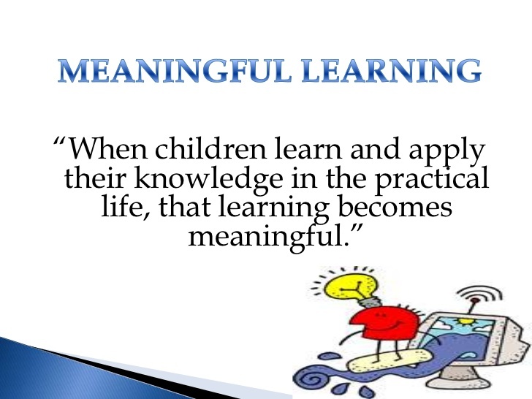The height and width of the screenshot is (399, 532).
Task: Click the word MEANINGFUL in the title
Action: [x=175, y=71]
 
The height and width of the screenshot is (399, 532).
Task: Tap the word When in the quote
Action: [x=108, y=148]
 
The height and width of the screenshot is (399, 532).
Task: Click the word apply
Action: [x=446, y=152]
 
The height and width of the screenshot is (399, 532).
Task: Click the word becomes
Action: [x=395, y=207]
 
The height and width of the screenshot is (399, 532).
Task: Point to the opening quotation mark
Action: [x=60, y=141]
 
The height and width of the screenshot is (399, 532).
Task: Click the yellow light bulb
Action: [x=351, y=289]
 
